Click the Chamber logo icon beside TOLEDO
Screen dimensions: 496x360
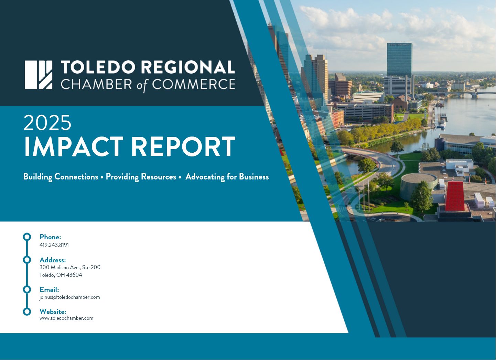pyautogui.click(x=39, y=75)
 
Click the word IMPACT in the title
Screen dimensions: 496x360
pyautogui.click(x=74, y=146)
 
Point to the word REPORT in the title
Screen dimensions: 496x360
pyautogui.click(x=183, y=146)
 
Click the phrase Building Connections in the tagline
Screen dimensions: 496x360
pyautogui.click(x=61, y=177)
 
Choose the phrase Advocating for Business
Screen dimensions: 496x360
pyautogui.click(x=227, y=177)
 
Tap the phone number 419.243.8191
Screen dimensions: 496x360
pyautogui.click(x=54, y=245)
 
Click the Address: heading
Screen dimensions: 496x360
pyautogui.click(x=53, y=260)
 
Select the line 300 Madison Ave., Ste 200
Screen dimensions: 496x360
pyautogui.click(x=70, y=268)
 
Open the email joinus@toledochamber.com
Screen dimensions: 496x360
pyautogui.click(x=70, y=297)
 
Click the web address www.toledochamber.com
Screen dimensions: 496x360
pyautogui.click(x=66, y=318)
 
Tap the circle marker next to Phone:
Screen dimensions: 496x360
pyautogui.click(x=27, y=237)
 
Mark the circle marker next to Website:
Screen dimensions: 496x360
pyautogui.click(x=27, y=312)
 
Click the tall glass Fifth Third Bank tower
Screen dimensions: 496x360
pyautogui.click(x=399, y=60)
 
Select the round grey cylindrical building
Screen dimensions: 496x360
pyautogui.click(x=419, y=186)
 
